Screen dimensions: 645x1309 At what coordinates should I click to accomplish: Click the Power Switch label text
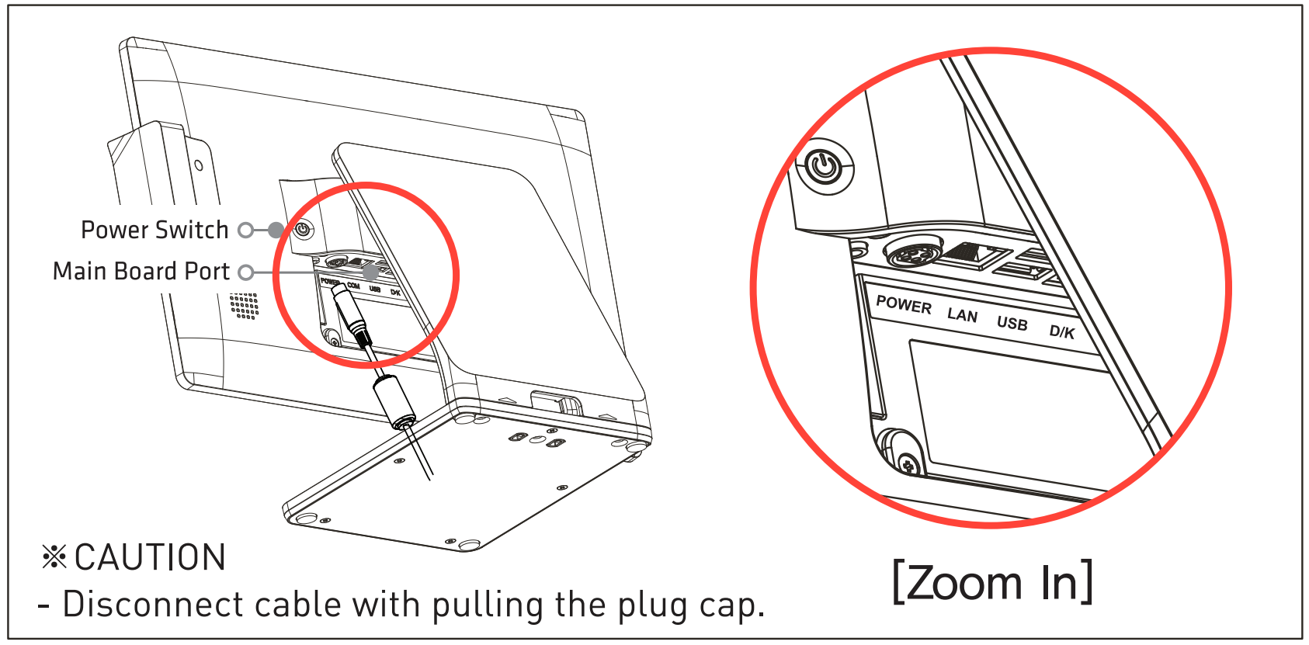pos(155,230)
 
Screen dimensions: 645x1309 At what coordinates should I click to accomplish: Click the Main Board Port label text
pos(141,271)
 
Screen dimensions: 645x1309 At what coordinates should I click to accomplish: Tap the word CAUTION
pos(150,557)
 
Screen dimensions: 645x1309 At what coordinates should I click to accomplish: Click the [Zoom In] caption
pos(992,582)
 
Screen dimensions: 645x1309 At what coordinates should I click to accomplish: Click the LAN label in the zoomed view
pos(962,314)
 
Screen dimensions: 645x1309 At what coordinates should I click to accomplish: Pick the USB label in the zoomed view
pos(1012,323)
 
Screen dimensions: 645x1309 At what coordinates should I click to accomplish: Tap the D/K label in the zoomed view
pos(1061,331)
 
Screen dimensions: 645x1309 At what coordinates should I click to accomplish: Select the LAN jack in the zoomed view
pos(976,255)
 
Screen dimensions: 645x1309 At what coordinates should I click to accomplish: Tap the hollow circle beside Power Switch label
pos(245,230)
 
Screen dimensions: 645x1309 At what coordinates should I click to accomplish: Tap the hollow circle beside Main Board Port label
pos(245,272)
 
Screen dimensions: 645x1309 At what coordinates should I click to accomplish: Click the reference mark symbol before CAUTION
pos(54,557)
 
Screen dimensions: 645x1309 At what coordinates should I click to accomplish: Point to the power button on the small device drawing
pos(302,230)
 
